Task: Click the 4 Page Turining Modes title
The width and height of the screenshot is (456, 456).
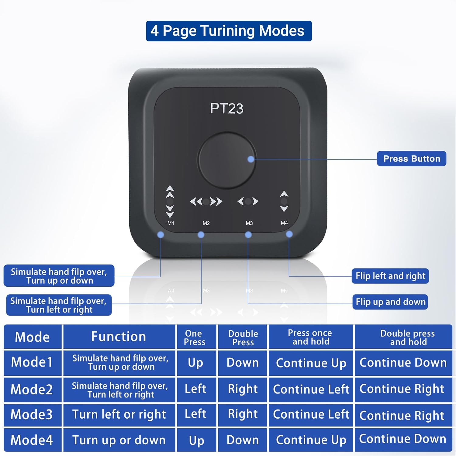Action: click(229, 31)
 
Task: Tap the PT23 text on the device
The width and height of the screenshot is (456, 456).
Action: click(227, 109)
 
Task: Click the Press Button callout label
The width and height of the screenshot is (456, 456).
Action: click(412, 158)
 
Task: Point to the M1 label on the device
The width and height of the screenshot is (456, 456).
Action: click(171, 223)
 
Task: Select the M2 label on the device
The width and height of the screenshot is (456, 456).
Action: click(206, 223)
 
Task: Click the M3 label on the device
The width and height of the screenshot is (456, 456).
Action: click(249, 223)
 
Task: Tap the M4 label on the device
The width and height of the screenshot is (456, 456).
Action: click(284, 223)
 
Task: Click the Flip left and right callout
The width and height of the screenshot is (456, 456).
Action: click(390, 276)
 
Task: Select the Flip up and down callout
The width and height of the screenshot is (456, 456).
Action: click(390, 302)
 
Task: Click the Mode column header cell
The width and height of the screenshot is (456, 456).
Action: click(33, 337)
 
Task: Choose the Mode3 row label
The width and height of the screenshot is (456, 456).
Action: click(32, 414)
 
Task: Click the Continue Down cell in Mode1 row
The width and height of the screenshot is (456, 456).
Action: click(403, 363)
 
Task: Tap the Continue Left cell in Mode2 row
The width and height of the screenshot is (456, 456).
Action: click(311, 389)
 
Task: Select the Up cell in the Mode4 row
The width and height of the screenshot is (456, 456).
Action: click(196, 440)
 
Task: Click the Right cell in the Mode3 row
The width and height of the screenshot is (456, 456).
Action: click(243, 414)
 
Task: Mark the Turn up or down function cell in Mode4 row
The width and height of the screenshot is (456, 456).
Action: click(119, 440)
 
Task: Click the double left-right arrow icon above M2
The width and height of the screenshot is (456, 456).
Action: click(206, 201)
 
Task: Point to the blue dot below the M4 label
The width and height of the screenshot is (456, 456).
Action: click(289, 234)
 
